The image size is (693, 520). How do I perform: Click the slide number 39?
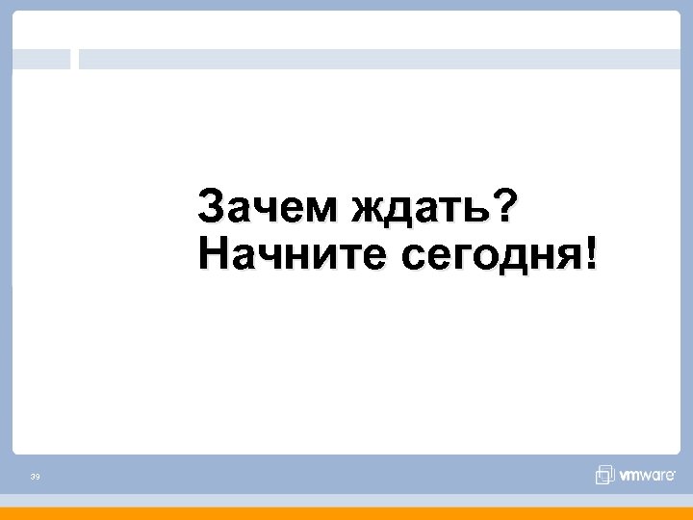point(35,477)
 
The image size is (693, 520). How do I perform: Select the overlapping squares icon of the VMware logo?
point(604,475)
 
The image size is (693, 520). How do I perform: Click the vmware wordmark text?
point(648,476)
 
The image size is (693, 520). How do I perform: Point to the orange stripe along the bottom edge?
point(346,513)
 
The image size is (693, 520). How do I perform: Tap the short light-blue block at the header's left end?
point(41,60)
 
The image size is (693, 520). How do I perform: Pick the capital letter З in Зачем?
point(210,205)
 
